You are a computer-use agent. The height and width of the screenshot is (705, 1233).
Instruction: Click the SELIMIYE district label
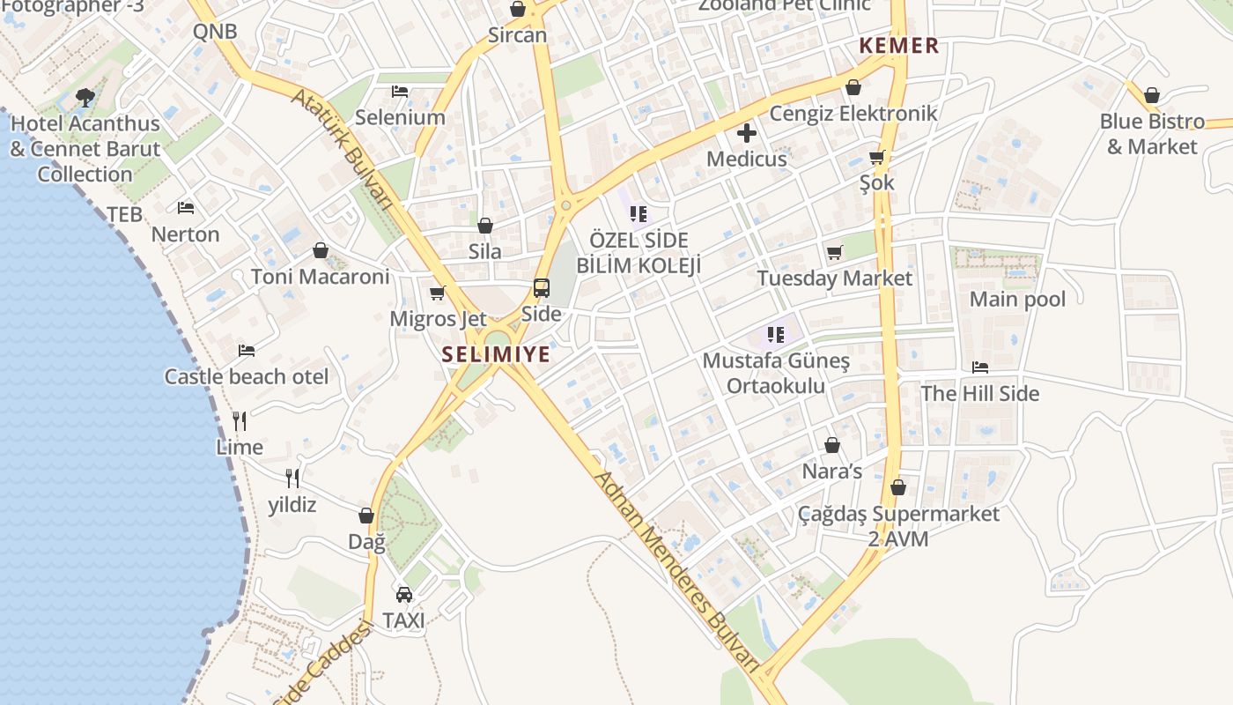point(496,354)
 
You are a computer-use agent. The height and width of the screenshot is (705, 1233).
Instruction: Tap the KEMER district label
point(899,46)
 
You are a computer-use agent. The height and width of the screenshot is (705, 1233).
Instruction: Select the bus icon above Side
point(542,288)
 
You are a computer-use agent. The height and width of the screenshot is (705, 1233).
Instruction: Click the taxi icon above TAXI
point(404,595)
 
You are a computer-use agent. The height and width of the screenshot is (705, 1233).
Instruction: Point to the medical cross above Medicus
point(747,133)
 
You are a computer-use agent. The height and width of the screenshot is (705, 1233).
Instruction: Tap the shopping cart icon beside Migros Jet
point(438,293)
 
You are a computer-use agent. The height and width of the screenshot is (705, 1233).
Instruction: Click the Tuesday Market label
point(835,278)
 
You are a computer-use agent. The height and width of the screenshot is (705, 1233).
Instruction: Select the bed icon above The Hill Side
point(980,367)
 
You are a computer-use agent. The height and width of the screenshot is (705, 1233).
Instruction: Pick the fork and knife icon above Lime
point(240,420)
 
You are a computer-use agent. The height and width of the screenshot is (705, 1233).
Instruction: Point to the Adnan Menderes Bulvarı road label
point(676,573)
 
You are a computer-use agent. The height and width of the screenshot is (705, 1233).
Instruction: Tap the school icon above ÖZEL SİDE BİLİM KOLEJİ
point(639,213)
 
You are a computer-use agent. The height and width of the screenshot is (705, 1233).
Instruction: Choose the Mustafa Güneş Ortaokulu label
point(776,374)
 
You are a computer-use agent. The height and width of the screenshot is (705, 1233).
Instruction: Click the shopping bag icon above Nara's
point(832,445)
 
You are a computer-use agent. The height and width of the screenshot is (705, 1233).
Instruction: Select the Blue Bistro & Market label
point(1152,134)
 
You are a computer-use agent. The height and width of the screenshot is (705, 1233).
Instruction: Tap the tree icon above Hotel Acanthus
point(85,97)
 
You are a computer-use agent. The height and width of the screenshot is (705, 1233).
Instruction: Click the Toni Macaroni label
point(320,277)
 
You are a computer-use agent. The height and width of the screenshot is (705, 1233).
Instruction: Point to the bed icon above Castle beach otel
point(247,351)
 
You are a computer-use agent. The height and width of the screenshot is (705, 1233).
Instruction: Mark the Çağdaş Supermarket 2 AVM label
point(898,525)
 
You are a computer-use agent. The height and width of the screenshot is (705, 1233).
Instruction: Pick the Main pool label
point(1017,300)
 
